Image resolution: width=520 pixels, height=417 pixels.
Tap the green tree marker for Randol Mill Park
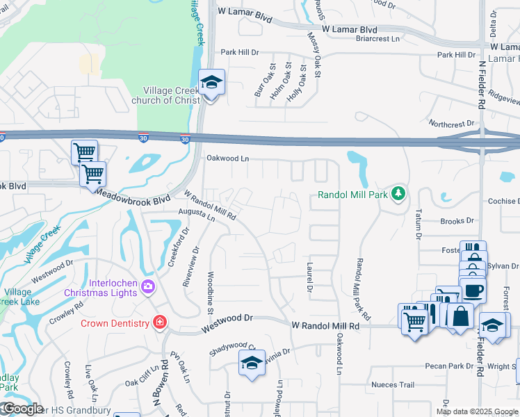pos(398,193)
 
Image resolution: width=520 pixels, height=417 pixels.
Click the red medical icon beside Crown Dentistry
pos(159,322)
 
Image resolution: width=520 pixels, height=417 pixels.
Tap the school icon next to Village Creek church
pos(211,83)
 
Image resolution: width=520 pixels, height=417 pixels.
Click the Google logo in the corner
pos(22,409)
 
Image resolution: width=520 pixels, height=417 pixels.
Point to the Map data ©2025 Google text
pos(476,411)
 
